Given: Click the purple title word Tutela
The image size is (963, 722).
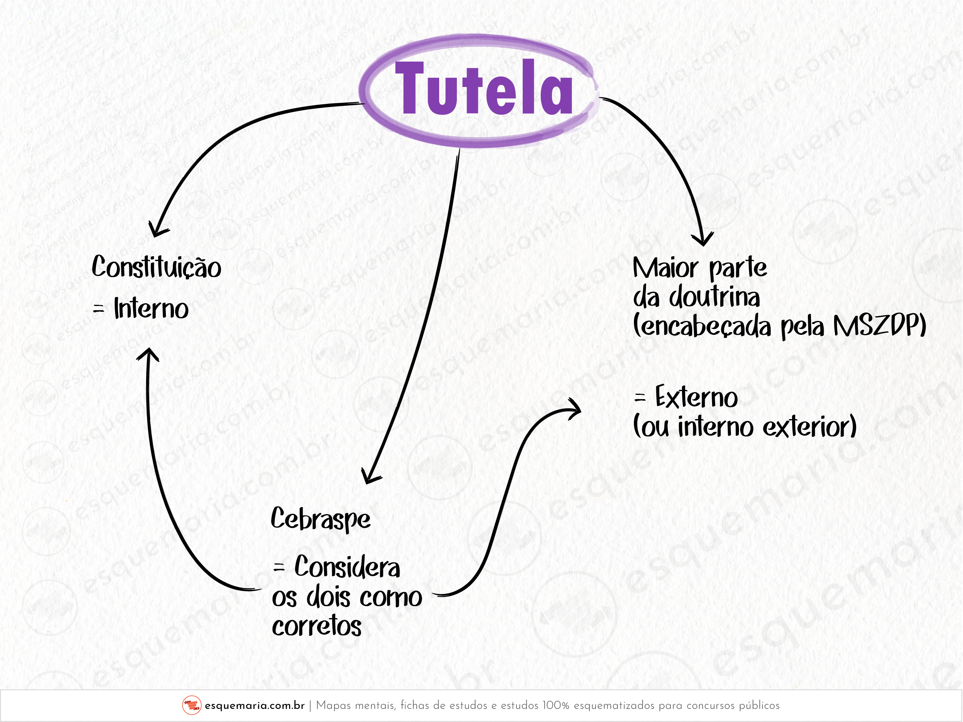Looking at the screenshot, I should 483,89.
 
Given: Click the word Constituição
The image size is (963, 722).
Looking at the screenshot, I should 156,267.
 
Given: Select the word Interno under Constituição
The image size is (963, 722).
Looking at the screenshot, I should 151,309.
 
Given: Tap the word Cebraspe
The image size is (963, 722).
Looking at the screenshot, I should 320,519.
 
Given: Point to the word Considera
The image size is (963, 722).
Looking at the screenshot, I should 347,567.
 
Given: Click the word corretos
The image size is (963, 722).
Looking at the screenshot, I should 316,626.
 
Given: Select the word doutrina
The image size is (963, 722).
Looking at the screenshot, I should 714,297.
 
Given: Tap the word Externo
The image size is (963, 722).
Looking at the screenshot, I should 696,397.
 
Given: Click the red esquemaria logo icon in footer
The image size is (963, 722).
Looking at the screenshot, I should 192,705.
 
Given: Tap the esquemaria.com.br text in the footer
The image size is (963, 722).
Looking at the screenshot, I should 254,705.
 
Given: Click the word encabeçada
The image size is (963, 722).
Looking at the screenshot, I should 702,326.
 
